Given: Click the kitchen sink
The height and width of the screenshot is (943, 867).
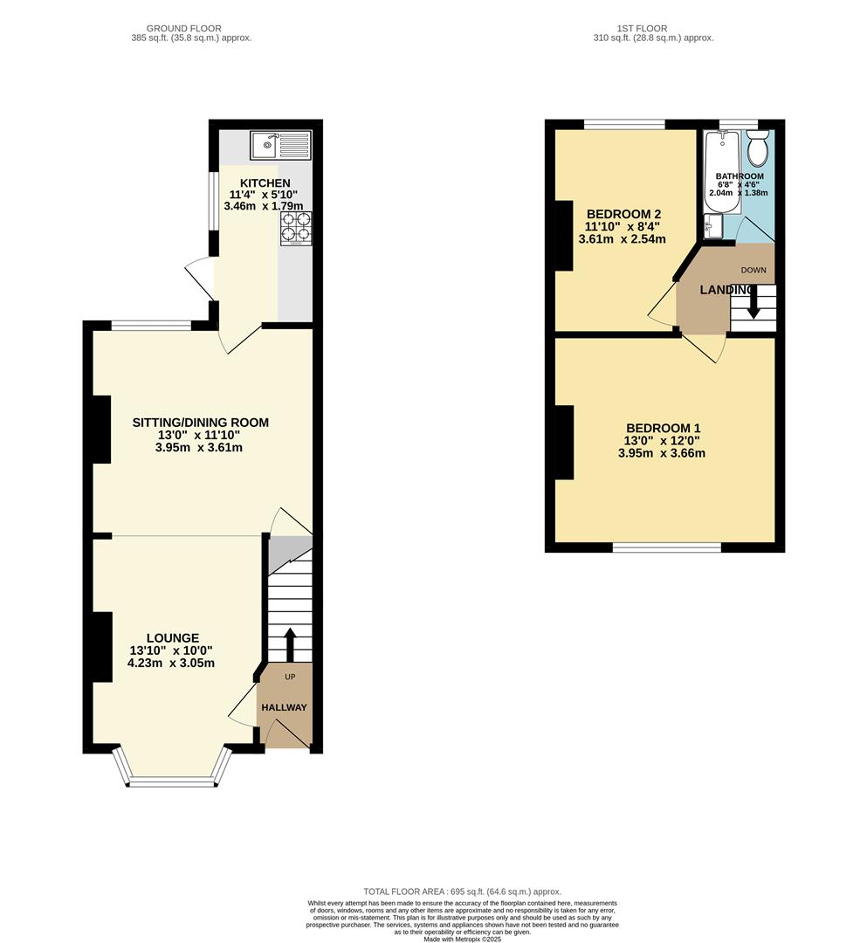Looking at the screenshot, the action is click(x=280, y=145).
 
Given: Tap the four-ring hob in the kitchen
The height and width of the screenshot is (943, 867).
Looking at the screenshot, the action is click(x=296, y=229).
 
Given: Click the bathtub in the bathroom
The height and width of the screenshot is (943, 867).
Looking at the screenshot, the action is click(x=722, y=172).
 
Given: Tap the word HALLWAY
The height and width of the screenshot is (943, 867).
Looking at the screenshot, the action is click(x=284, y=707).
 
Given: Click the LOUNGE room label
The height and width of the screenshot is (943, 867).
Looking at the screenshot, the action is click(x=173, y=637).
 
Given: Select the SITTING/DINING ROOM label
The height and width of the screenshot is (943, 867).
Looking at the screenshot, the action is click(x=200, y=423).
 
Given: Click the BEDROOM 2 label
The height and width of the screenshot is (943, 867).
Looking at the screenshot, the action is click(x=623, y=214).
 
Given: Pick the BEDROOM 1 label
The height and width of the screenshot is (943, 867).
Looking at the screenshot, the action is click(x=664, y=428).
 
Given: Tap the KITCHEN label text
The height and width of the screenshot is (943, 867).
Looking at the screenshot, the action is click(x=265, y=182).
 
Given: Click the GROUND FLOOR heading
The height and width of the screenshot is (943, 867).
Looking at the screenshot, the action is click(x=184, y=28).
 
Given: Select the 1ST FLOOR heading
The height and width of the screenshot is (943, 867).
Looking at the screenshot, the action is click(x=642, y=28).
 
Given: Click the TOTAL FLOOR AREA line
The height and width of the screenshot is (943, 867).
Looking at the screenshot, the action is click(x=462, y=891).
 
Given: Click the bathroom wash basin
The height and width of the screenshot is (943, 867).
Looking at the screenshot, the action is click(x=713, y=225).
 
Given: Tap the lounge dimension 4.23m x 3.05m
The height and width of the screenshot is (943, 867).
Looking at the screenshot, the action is click(x=171, y=664).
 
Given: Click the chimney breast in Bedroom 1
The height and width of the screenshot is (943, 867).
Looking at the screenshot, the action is click(x=564, y=443).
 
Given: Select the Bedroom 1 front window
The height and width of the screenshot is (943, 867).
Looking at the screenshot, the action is click(x=667, y=547).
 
